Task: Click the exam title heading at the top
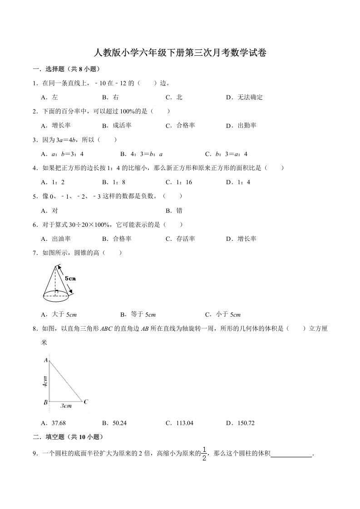[x=180, y=53]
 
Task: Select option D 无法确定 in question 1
[x=244, y=97]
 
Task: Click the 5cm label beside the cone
[x=70, y=278]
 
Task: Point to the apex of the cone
[x=55, y=266]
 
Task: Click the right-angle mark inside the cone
[x=57, y=290]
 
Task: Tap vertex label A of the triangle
[x=46, y=360]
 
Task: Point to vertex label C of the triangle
[x=85, y=401]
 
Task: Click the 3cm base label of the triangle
[x=66, y=406]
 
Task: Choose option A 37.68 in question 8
[x=54, y=423]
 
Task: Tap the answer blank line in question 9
[x=291, y=455]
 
